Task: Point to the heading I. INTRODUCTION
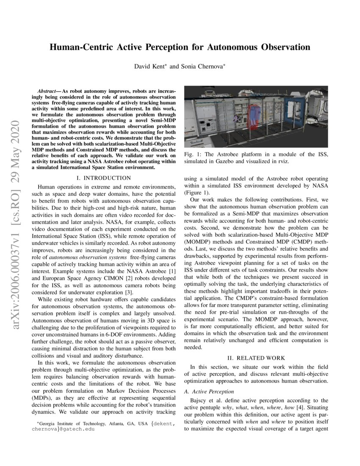coord(104,178)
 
